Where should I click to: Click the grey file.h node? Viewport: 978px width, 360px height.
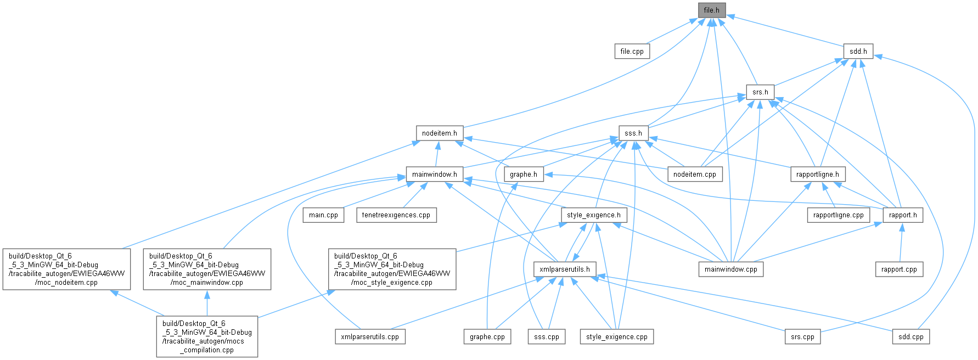pos(711,10)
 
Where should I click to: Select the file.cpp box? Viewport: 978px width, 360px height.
pos(632,51)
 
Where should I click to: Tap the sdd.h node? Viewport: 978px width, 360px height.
pos(858,51)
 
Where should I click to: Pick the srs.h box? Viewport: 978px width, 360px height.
pos(760,92)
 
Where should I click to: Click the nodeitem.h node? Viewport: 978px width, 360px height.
pos(439,133)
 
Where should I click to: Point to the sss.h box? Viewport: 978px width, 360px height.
pos(633,133)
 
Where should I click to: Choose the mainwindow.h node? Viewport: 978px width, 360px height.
pos(434,174)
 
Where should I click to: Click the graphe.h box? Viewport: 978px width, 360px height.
pos(523,174)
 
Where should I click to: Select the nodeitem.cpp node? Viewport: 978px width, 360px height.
pos(694,174)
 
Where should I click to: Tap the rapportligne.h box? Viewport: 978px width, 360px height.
pos(818,174)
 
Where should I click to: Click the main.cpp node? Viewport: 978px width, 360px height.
pos(323,215)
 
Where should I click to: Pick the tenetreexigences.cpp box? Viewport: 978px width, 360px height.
pos(396,215)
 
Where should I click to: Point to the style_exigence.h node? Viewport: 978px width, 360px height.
pos(593,215)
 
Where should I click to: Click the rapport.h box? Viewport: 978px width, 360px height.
pos(903,215)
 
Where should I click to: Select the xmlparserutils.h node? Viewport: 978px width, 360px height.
pos(564,269)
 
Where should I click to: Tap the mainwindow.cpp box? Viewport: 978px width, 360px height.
pos(730,269)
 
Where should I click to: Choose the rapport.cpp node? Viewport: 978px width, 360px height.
pos(899,269)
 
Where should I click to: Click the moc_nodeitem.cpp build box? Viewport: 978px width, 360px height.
pos(66,269)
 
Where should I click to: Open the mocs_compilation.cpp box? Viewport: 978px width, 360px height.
pos(207,336)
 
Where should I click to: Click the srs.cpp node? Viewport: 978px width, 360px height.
pos(802,336)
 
